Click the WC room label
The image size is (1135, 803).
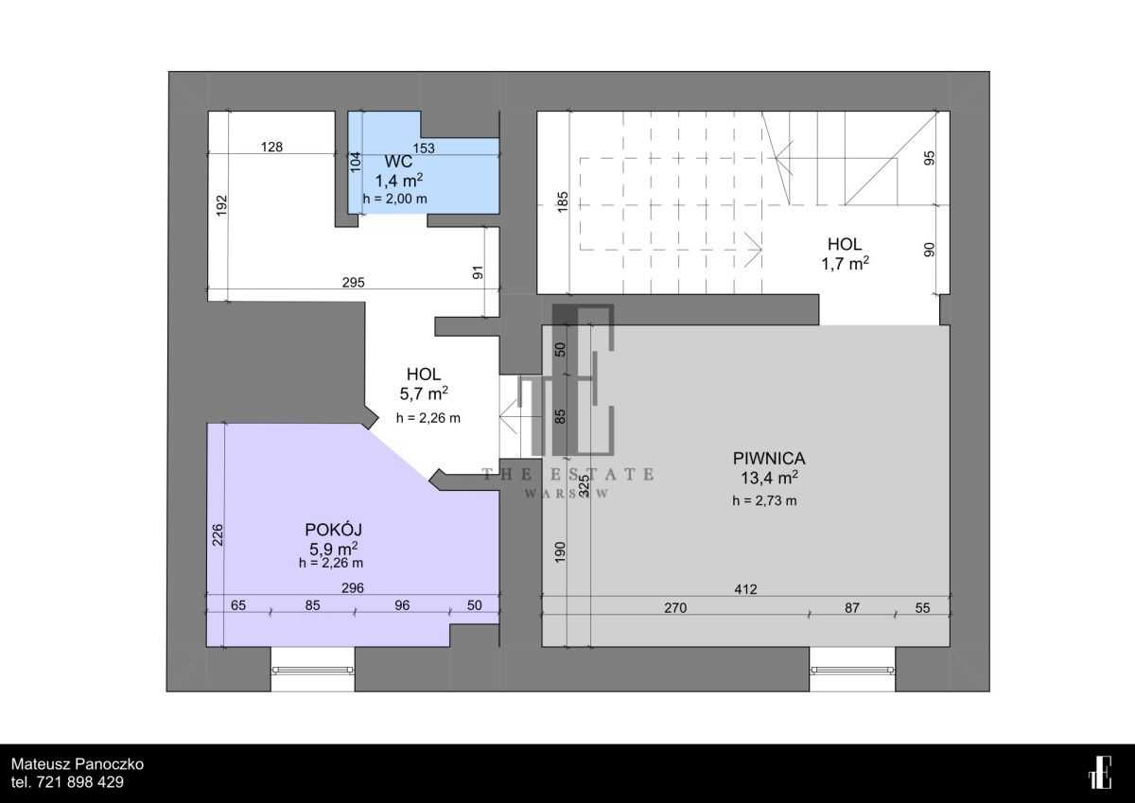pos(398,162)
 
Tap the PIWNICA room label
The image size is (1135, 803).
pos(769,459)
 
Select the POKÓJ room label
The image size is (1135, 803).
pos(333,530)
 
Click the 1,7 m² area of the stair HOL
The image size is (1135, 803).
pos(845,264)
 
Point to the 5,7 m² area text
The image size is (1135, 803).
pos(424,393)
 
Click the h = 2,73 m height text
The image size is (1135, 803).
pos(764,501)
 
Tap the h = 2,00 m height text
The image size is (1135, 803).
pos(394,200)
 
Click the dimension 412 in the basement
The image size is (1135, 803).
pos(745,589)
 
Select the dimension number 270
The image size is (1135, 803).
pos(675,607)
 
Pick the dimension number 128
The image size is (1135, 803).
pos(271,147)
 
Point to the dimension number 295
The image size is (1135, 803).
pos(353,282)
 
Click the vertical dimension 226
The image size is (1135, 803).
pos(218,534)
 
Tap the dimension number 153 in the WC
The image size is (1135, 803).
pos(424,148)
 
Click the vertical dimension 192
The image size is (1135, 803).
pos(222,205)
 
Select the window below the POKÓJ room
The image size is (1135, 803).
pos(313,671)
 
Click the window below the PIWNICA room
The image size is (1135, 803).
pos(852,671)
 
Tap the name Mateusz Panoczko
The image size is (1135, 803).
pos(78,764)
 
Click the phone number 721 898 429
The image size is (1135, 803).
pos(80,782)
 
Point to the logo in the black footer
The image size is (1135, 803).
pos(1100,772)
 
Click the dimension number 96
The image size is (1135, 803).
pos(402,605)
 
